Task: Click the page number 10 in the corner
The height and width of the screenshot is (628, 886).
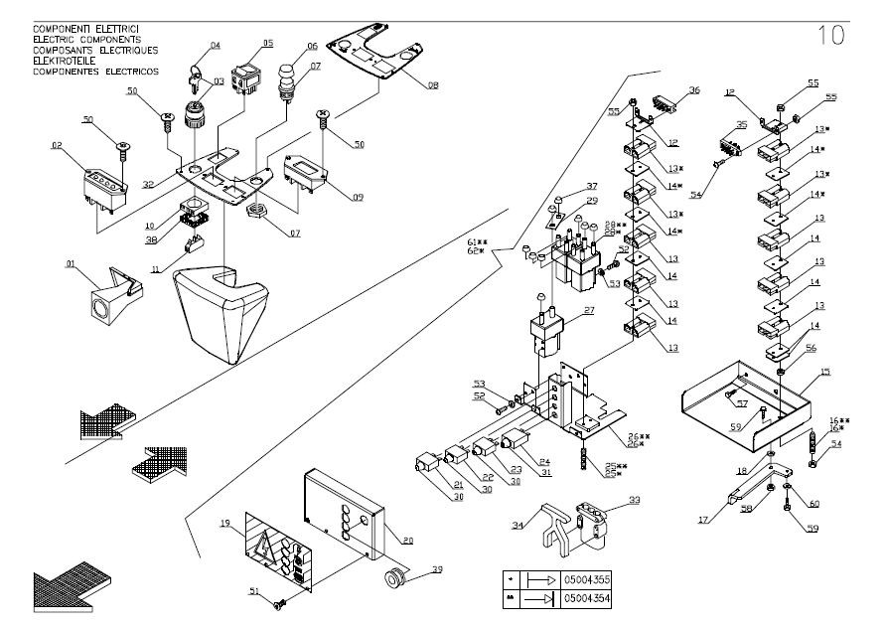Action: click(x=831, y=36)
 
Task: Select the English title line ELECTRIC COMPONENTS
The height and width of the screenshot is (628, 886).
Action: click(x=86, y=40)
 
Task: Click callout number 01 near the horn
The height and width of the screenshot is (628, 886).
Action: click(x=71, y=263)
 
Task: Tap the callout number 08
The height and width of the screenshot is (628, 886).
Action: click(x=432, y=86)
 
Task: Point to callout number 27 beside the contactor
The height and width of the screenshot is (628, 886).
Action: click(x=589, y=311)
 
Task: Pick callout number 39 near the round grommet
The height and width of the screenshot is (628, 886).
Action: click(x=437, y=569)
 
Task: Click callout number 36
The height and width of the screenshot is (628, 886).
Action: click(x=693, y=90)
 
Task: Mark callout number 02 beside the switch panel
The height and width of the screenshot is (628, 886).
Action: click(x=58, y=146)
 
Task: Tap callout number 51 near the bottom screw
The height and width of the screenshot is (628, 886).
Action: click(x=253, y=592)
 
